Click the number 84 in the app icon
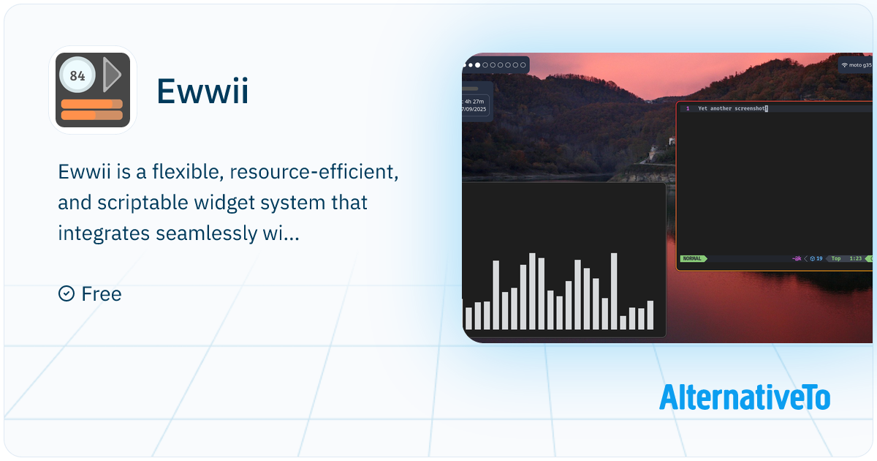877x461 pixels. (x=77, y=75)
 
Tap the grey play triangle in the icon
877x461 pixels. (x=112, y=75)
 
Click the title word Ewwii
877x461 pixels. (x=202, y=92)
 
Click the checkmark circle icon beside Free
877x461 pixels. (x=67, y=293)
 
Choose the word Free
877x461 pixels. (x=102, y=294)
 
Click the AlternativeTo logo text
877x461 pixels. (x=744, y=397)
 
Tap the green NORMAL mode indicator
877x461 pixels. (x=692, y=258)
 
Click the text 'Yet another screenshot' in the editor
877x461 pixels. (x=731, y=108)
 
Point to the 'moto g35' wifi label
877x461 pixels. (x=859, y=65)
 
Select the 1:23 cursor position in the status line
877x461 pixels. (x=855, y=258)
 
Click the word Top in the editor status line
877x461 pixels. (x=835, y=258)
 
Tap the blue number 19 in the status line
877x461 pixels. (x=819, y=258)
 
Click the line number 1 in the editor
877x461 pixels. (x=687, y=108)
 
